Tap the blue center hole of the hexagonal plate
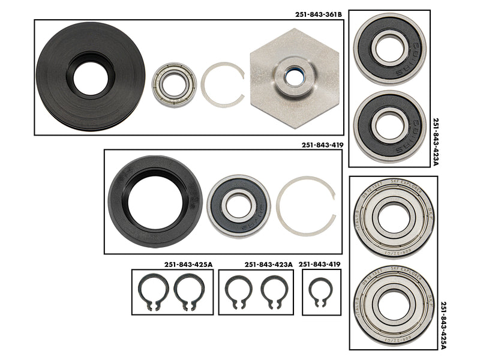pos(294,77)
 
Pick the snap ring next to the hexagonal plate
pos(222,85)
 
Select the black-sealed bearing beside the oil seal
pos(238,205)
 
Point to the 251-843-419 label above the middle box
pos(322,144)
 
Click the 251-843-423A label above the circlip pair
pos(268,264)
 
